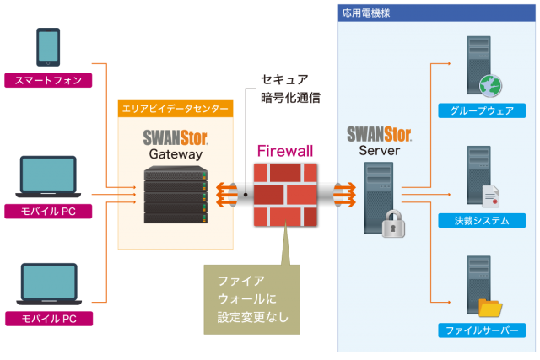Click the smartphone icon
coord(48,49)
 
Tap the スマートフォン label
coord(48,81)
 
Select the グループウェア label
coord(482,110)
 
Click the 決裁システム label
coord(482,221)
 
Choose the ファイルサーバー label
coord(482,330)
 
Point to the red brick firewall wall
coord(286,193)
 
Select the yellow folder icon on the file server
coord(490,305)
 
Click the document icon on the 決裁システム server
coord(490,196)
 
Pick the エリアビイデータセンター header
coord(175,109)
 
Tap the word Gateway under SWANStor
coord(175,154)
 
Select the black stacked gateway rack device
coord(175,195)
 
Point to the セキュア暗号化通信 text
coord(289,88)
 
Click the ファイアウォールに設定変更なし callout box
coord(251,299)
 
